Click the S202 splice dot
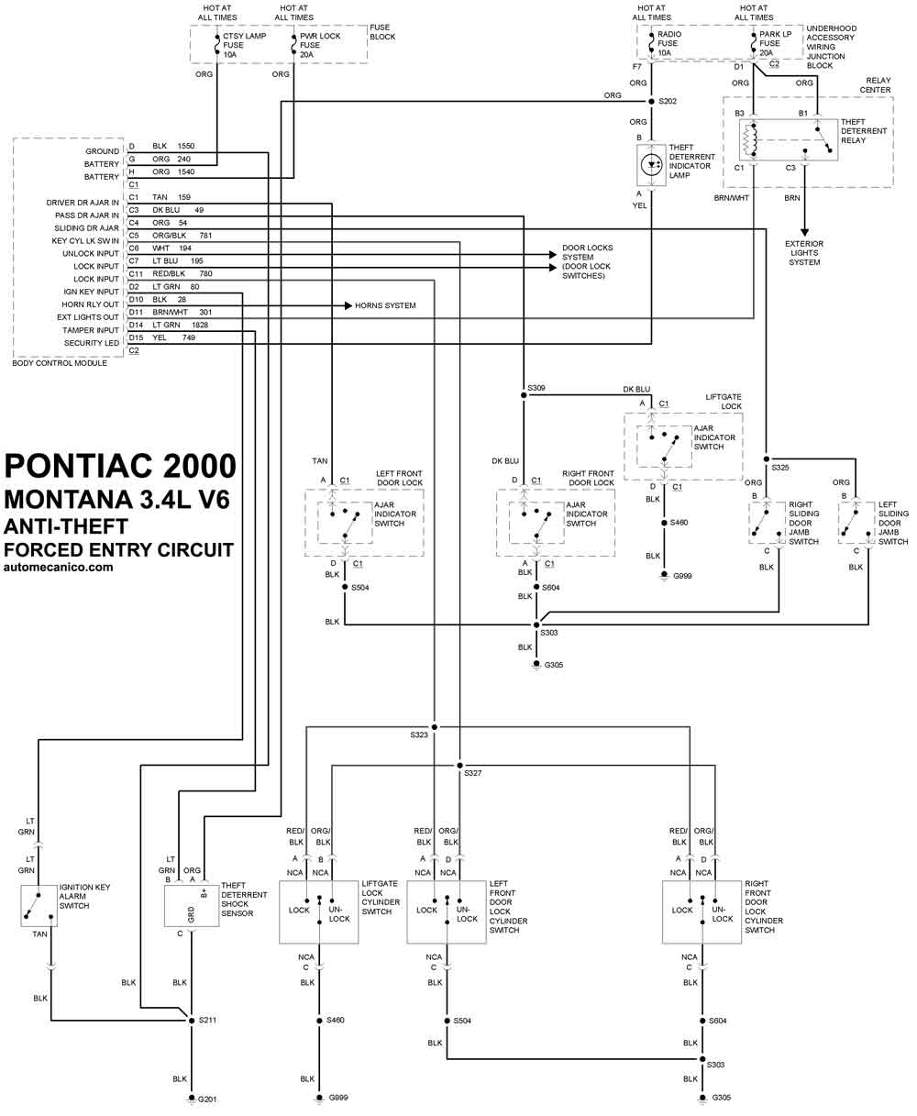[x=651, y=101]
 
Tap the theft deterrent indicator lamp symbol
[x=651, y=164]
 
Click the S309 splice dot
[x=524, y=395]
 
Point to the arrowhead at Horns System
[x=348, y=305]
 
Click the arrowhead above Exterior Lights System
[x=804, y=232]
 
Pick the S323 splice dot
[x=434, y=727]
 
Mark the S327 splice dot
[x=459, y=765]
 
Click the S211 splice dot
[x=192, y=1020]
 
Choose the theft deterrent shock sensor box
[x=192, y=905]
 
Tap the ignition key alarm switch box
[x=39, y=905]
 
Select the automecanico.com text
[x=58, y=568]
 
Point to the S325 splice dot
[x=766, y=459]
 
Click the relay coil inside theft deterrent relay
[x=750, y=140]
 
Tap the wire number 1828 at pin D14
[x=200, y=325]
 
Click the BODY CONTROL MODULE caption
[x=60, y=363]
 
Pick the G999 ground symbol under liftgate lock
[x=664, y=576]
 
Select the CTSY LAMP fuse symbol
[x=217, y=45]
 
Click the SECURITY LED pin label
[x=92, y=343]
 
